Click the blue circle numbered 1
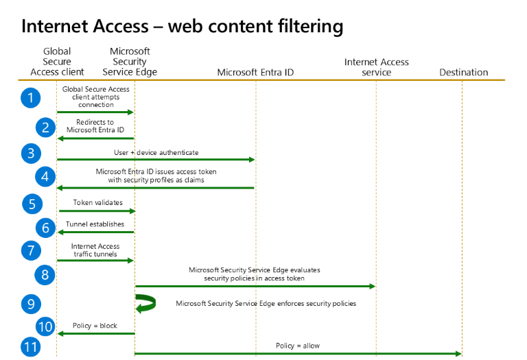click(30, 98)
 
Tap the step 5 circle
click(30, 204)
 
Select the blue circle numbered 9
click(30, 303)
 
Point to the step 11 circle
click(30, 347)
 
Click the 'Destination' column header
click(463, 72)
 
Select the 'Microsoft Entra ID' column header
click(255, 72)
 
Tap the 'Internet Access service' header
click(376, 67)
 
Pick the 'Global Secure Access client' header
click(57, 62)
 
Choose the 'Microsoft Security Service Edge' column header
click(130, 62)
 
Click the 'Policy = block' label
click(95, 326)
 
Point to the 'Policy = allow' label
click(297, 346)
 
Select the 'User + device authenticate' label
click(155, 152)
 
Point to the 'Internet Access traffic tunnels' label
click(95, 250)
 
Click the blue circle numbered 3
click(30, 153)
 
